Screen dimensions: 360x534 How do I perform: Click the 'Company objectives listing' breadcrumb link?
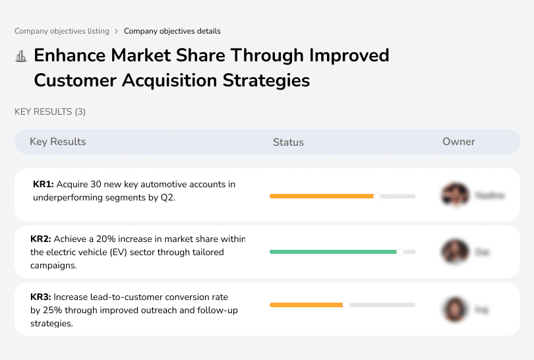[61, 31]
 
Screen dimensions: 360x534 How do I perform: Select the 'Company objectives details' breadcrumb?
[172, 31]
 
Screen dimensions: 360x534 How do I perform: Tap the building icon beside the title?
[21, 56]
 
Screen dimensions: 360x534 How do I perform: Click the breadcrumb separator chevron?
[116, 31]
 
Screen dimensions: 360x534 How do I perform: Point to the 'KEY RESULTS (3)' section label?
[50, 112]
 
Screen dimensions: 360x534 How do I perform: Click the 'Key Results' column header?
[57, 142]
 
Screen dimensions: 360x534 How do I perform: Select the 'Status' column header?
[288, 142]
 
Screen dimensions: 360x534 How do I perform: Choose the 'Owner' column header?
[458, 142]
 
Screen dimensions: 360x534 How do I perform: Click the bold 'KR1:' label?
[43, 185]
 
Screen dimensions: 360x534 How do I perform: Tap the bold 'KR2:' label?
[41, 239]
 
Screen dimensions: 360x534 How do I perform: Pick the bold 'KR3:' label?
[41, 297]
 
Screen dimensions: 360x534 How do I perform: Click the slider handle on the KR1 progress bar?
[377, 196]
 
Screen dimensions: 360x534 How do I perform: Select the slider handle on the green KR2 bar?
[400, 252]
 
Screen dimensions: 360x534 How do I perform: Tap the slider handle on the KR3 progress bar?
[346, 305]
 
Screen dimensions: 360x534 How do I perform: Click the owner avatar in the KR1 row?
[455, 195]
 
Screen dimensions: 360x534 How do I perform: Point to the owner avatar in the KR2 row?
[455, 252]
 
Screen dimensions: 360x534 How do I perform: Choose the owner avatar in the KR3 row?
[455, 309]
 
